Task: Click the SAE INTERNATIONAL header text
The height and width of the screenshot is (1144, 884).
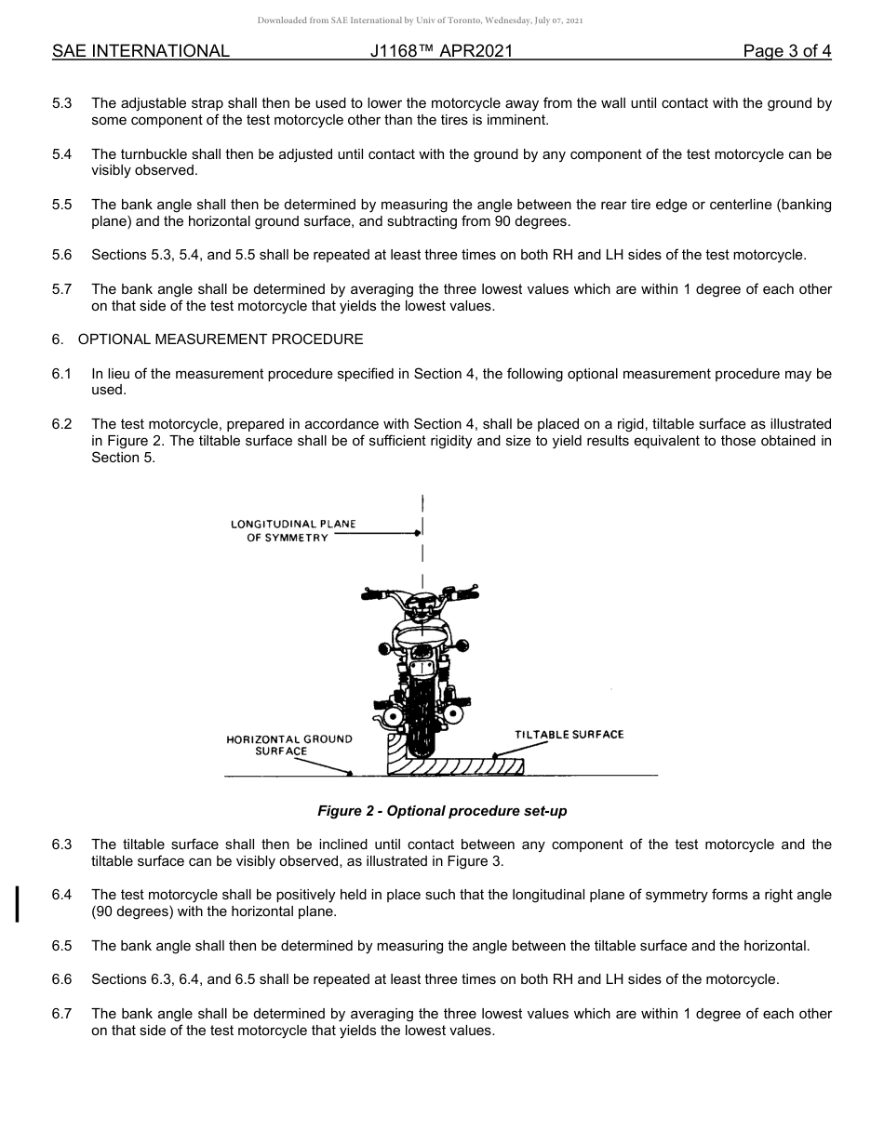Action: point(141,51)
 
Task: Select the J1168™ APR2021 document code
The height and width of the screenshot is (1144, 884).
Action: point(441,51)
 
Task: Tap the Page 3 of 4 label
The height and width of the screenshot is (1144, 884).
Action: point(786,51)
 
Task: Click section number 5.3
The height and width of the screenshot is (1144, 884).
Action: point(62,104)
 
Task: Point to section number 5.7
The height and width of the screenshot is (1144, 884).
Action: point(62,289)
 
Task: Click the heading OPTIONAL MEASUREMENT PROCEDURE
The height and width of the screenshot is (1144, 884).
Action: point(221,339)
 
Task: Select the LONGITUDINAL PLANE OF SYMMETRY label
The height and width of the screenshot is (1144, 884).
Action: point(293,531)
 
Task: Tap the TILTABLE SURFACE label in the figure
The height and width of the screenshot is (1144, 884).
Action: point(569,735)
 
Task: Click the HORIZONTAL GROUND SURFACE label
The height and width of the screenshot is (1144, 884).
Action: point(289,745)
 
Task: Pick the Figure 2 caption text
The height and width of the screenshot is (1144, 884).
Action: point(442,811)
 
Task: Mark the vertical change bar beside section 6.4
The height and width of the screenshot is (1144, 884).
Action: point(17,903)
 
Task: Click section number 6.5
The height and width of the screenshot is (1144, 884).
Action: point(62,947)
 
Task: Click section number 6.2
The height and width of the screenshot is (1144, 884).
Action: point(62,424)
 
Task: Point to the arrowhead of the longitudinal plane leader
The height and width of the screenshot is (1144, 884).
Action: point(418,533)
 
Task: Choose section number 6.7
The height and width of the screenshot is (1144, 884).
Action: point(62,1014)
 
